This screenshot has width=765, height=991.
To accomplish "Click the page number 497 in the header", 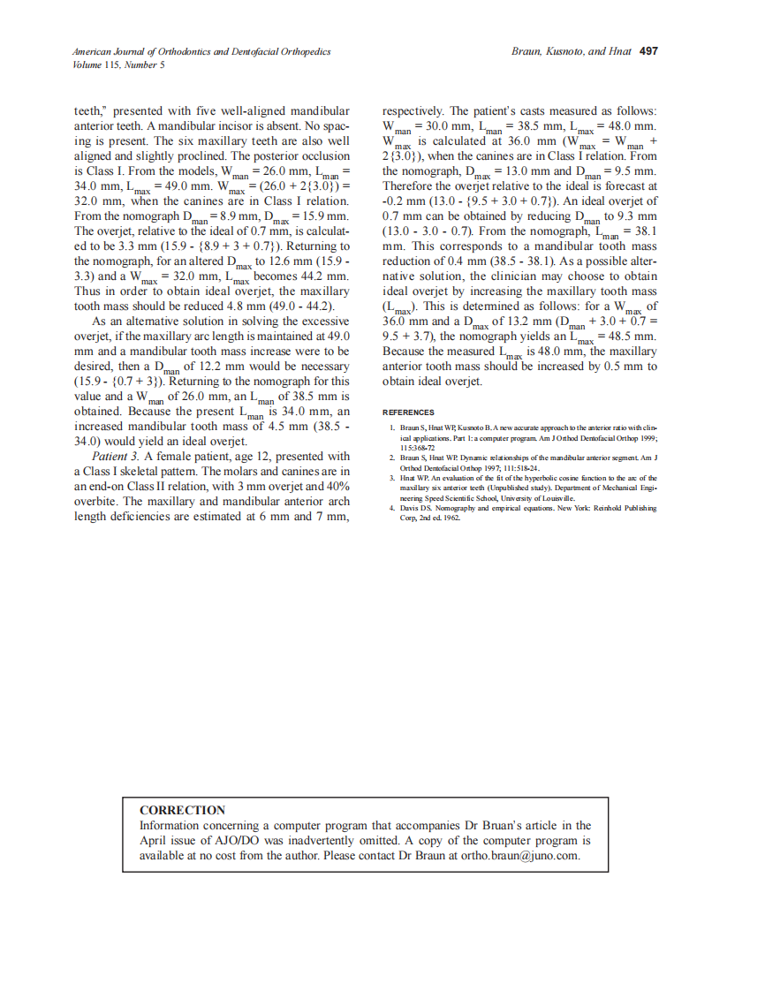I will tap(648, 51).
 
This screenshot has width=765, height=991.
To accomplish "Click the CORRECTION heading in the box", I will tap(183, 810).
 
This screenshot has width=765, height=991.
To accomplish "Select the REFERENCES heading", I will tap(408, 412).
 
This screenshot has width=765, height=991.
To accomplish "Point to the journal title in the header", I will tap(201, 52).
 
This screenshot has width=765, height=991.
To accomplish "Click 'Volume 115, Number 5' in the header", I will tap(118, 64).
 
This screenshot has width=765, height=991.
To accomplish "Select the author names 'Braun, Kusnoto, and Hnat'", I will tap(571, 51).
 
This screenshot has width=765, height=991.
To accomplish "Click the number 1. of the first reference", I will tap(392, 428).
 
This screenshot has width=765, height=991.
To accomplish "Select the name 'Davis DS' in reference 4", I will tap(415, 509).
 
